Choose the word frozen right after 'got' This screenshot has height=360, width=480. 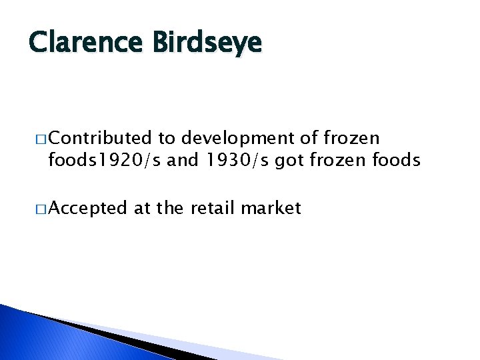pyautogui.click(x=331, y=160)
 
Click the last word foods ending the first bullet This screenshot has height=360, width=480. pyautogui.click(x=397, y=160)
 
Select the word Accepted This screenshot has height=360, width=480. pyautogui.click(x=87, y=209)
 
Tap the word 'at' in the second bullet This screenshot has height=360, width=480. pyautogui.click(x=141, y=209)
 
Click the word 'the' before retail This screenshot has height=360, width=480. pyautogui.click(x=171, y=209)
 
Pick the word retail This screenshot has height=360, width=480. pyautogui.click(x=213, y=209)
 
